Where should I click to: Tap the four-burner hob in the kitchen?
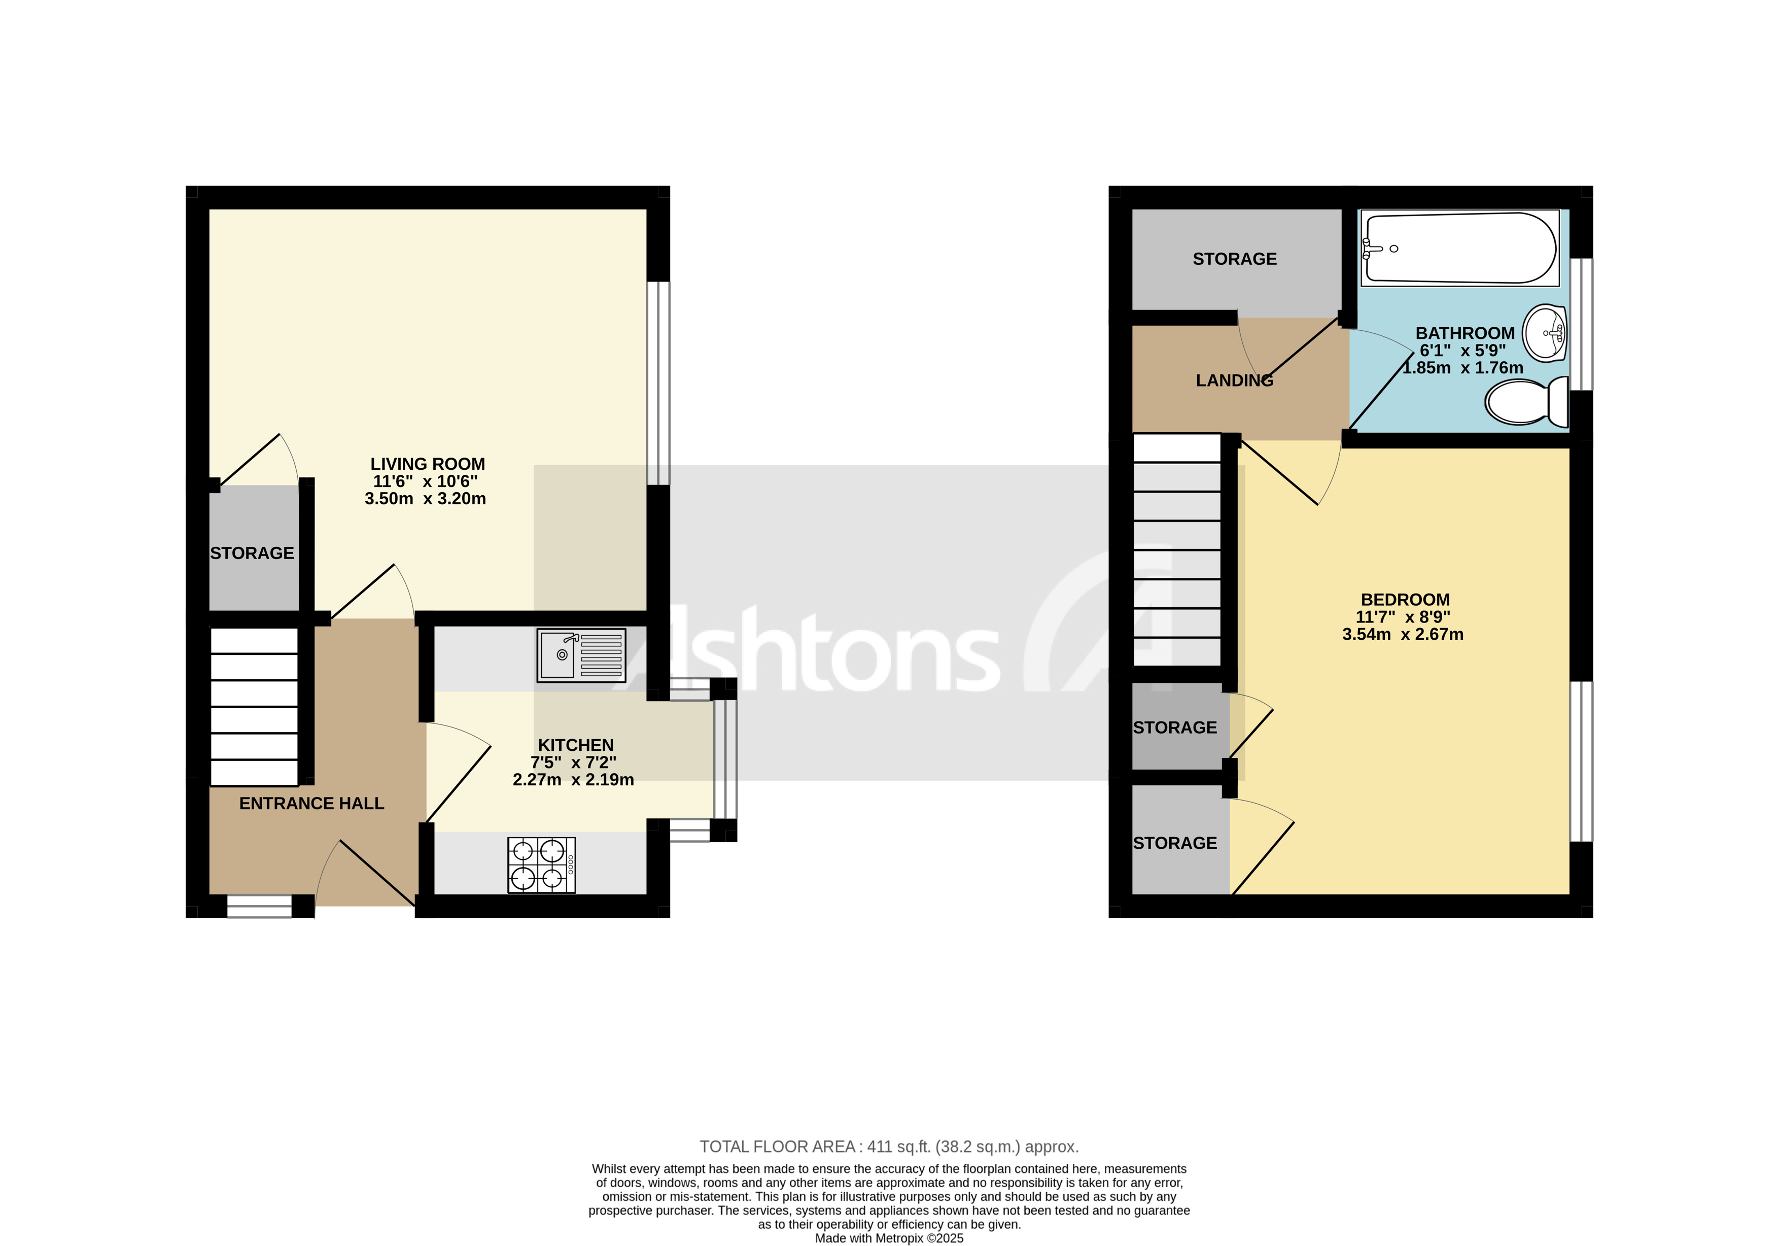coord(541,865)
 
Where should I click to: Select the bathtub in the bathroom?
coord(1460,248)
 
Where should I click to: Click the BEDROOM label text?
coord(1405,599)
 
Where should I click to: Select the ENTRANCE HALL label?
coord(311,804)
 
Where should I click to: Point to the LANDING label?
coord(1234,380)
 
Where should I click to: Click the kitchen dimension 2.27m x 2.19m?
coord(573,780)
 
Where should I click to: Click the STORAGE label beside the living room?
coord(252,553)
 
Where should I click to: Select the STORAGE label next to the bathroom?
coord(1234,259)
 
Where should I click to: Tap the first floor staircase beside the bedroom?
coord(1177,549)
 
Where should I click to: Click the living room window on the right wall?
coord(658,383)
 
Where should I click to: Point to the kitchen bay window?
coord(724,759)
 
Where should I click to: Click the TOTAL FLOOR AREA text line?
coord(889,1146)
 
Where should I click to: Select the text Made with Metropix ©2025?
coord(889,1238)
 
